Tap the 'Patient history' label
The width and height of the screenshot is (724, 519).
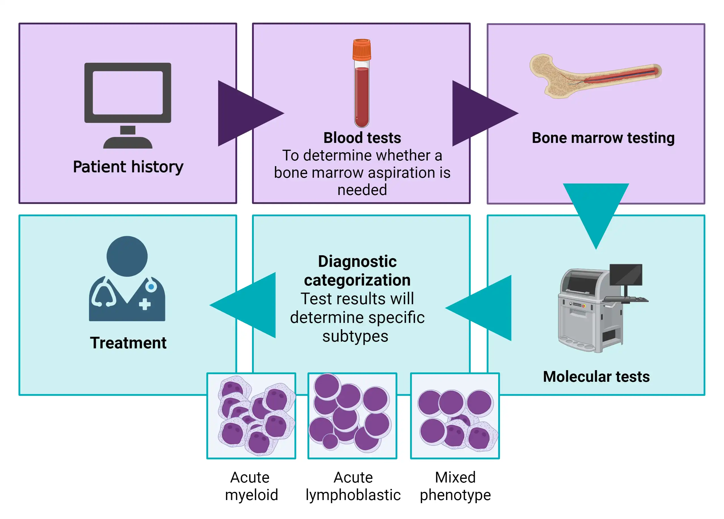[x=128, y=167]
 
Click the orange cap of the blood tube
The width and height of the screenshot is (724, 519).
[x=362, y=50]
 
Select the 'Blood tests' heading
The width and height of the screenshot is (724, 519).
[x=362, y=138]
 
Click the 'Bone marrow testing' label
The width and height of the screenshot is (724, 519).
[x=603, y=138]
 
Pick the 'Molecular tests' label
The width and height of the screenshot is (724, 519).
[x=596, y=376]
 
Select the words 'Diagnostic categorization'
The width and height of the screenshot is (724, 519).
[x=357, y=271]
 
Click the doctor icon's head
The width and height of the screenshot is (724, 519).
[x=127, y=256]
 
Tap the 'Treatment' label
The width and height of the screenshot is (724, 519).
[x=128, y=343]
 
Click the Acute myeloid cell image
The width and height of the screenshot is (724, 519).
[x=251, y=416]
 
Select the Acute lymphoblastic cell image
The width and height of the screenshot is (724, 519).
[x=352, y=416]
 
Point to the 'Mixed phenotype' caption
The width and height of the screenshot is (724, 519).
[x=455, y=486]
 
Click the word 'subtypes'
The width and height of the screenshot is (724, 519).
[x=355, y=336]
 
